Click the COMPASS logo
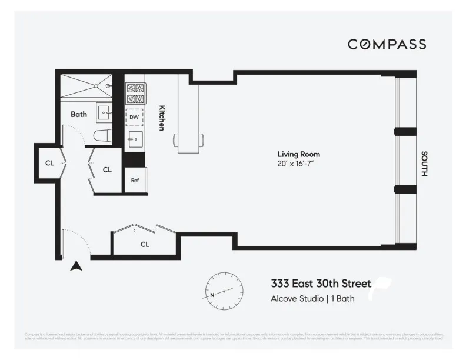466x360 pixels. click(x=387, y=44)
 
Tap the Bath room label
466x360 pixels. click(x=79, y=114)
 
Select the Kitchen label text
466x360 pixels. click(x=162, y=118)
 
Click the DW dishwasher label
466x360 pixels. click(x=134, y=117)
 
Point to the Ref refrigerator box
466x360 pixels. click(x=135, y=181)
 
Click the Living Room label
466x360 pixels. click(x=299, y=154)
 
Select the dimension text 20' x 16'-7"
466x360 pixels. click(x=299, y=164)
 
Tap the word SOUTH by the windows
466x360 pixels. click(x=424, y=164)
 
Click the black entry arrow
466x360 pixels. click(x=75, y=266)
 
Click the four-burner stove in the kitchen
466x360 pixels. click(x=135, y=92)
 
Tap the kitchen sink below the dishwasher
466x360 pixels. click(x=135, y=139)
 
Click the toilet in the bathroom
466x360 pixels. click(x=104, y=136)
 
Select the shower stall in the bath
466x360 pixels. click(x=86, y=86)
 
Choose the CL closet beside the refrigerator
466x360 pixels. click(x=106, y=170)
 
